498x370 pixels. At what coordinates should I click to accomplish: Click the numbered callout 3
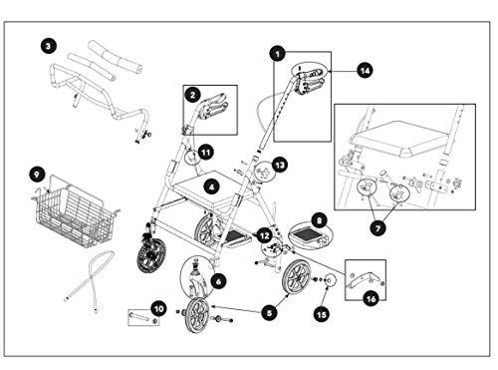click(49, 46)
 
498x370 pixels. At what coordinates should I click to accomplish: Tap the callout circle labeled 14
click(365, 71)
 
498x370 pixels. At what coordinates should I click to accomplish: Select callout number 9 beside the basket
click(37, 175)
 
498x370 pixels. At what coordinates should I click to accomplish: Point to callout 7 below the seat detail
click(377, 228)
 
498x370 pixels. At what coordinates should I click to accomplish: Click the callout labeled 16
click(371, 299)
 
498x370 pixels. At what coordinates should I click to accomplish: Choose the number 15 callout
click(322, 314)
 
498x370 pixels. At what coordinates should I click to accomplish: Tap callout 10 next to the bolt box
click(158, 309)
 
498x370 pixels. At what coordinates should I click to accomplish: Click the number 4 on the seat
click(212, 186)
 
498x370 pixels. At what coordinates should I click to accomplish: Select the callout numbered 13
click(280, 165)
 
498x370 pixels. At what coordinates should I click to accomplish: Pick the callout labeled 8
click(319, 220)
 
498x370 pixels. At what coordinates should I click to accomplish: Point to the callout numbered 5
click(269, 313)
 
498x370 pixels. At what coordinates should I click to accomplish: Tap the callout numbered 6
click(218, 282)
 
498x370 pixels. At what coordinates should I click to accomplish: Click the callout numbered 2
click(192, 95)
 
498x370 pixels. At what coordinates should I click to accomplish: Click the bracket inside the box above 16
click(365, 279)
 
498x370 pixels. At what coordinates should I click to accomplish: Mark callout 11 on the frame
click(206, 153)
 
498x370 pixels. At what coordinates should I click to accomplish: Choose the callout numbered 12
click(264, 235)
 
